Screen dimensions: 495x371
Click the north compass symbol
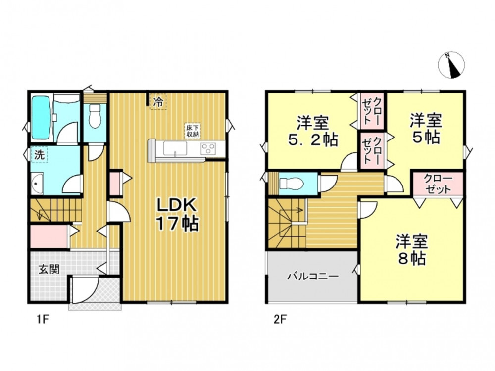[451, 64]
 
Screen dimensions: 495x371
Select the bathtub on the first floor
[41, 117]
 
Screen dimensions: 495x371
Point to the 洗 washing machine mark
[39, 154]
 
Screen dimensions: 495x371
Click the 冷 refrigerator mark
[158, 101]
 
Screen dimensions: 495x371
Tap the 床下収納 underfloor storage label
[192, 130]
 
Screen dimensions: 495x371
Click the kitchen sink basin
[175, 148]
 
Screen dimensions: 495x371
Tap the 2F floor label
[280, 320]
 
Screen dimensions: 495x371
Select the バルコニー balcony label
[313, 277]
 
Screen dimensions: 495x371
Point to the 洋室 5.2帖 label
[313, 131]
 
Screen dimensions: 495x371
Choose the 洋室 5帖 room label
[426, 129]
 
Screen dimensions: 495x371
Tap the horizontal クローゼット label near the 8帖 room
[438, 184]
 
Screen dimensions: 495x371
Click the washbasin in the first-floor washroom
[37, 184]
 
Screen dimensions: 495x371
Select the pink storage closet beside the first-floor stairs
[49, 236]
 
